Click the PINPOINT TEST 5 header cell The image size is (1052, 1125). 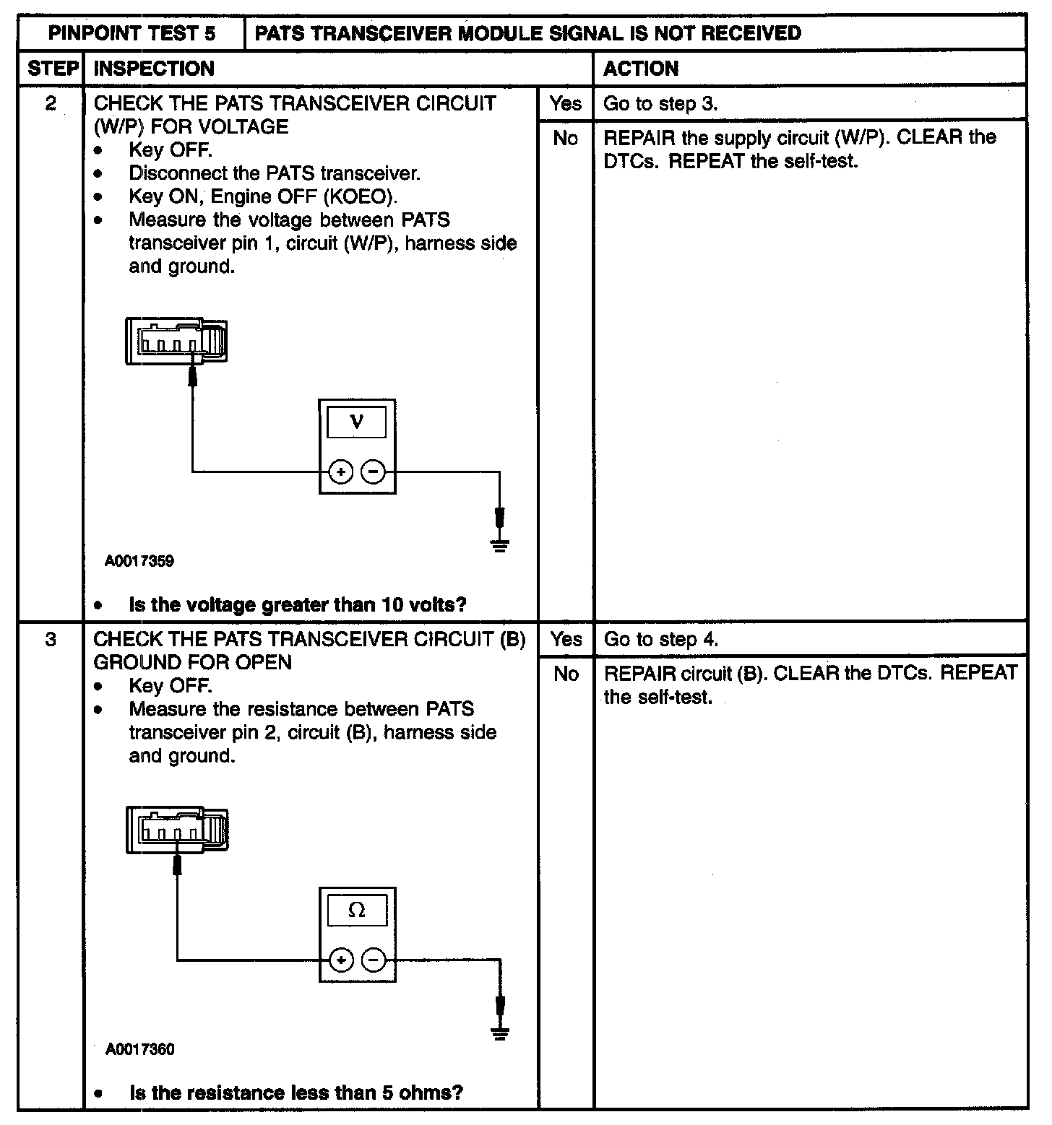pos(131,33)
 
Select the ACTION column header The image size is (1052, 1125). pos(641,69)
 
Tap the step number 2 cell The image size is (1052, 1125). pos(51,104)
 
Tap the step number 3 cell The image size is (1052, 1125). pos(51,640)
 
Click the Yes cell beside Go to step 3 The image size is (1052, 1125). pos(565,104)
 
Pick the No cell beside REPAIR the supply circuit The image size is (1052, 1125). pos(565,138)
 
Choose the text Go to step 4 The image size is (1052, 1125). pos(661,640)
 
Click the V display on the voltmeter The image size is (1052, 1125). pos(356,422)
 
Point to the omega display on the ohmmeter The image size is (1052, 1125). pos(356,910)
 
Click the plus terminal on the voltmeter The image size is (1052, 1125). pos(340,473)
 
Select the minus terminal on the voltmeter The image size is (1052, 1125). pos(373,473)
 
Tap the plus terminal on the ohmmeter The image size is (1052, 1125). pos(340,960)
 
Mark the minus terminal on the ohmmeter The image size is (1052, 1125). pos(373,960)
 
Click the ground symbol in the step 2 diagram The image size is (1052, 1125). pos(499,544)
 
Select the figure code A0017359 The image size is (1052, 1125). pos(139,561)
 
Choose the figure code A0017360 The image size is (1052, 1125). pos(139,1049)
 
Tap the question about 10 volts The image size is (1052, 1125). pos(297,604)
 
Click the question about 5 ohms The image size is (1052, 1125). pos(296,1093)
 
